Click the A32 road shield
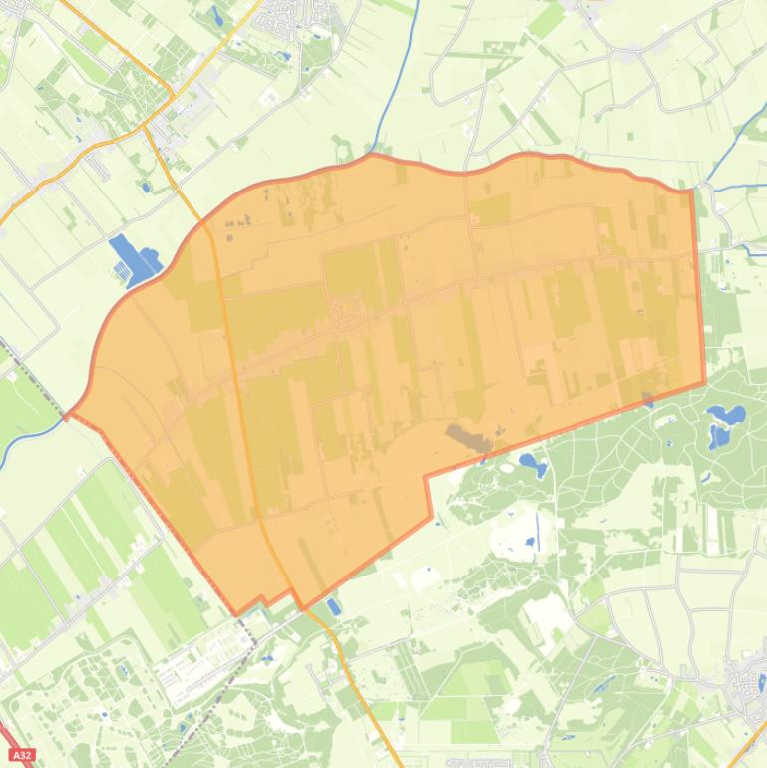click(21, 755)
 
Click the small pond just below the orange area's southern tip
click(333, 606)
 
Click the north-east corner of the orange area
click(691, 190)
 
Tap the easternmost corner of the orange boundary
click(704, 381)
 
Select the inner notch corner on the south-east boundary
click(426, 477)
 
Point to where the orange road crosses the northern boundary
click(205, 221)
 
